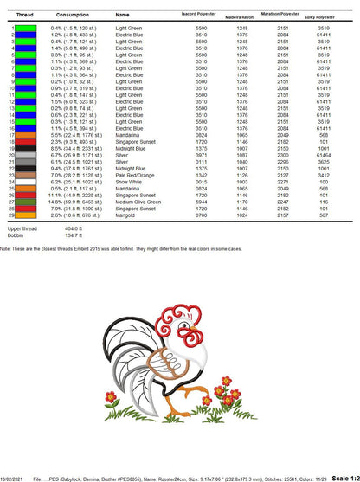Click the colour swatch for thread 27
click(x=26, y=202)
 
